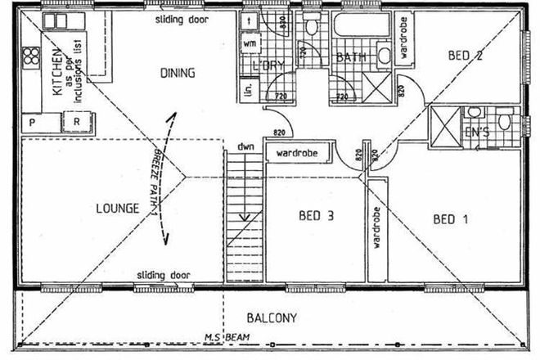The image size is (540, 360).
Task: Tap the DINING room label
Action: pyautogui.click(x=177, y=73)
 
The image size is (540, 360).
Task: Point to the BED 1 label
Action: pyautogui.click(x=450, y=218)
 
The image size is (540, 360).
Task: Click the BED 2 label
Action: pyautogui.click(x=464, y=56)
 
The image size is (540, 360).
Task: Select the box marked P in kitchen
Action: pyautogui.click(x=33, y=123)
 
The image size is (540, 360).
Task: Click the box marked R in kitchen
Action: pyautogui.click(x=75, y=123)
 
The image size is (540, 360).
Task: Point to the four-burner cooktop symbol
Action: pyautogui.click(x=32, y=58)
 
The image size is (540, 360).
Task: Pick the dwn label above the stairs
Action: pyautogui.click(x=242, y=147)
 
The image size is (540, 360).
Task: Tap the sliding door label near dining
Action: pyautogui.click(x=181, y=18)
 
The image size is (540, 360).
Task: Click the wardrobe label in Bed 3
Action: pyautogui.click(x=296, y=153)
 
